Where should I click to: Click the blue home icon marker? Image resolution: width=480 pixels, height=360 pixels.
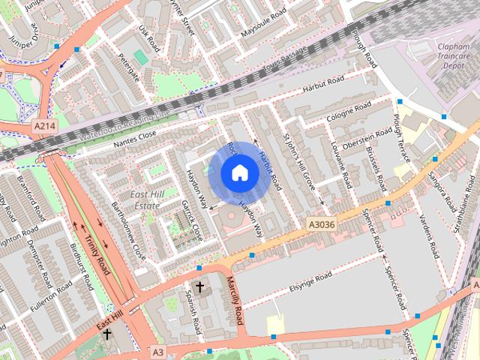(240, 172)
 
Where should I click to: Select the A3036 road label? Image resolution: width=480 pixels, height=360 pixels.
(322, 223)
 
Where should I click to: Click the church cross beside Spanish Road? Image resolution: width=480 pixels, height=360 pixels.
(199, 287)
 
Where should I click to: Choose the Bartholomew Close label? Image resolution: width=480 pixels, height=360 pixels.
(128, 229)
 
